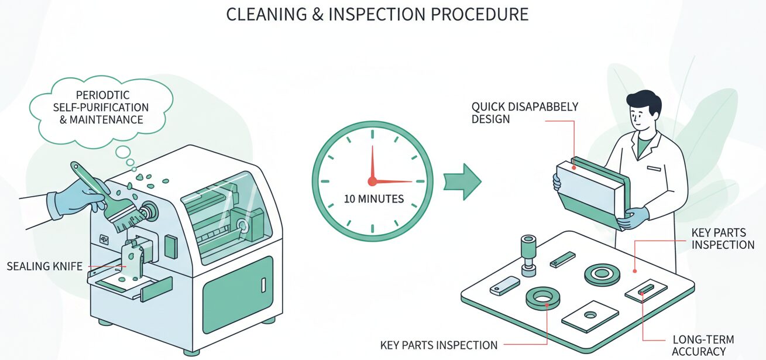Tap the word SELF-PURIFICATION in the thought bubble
[104, 108]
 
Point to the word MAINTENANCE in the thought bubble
[114, 119]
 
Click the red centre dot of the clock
[372, 181]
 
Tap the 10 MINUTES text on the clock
[373, 199]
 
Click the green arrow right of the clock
[462, 181]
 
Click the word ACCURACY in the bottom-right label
[698, 351]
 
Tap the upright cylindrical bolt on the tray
[528, 253]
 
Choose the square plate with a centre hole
[590, 316]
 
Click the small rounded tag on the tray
[504, 286]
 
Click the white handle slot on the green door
[263, 285]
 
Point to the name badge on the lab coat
[653, 168]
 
